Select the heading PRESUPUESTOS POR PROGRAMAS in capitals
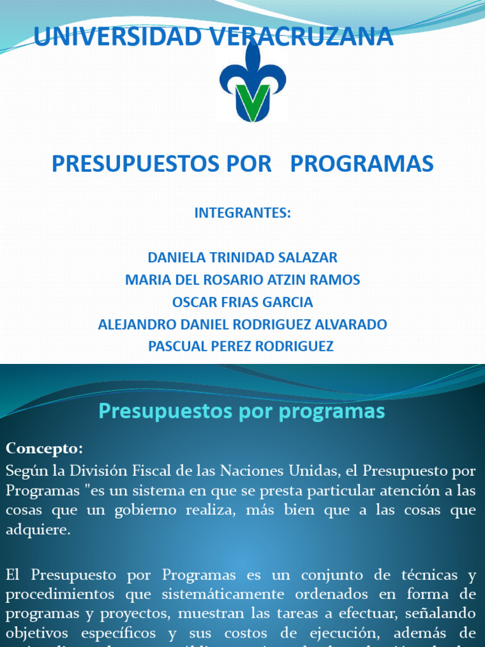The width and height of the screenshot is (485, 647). pos(242,164)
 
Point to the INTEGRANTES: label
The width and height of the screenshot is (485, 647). pos(242,213)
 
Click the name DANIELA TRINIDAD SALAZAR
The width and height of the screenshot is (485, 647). pos(242,258)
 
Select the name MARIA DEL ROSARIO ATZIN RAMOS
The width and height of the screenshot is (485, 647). pos(242,280)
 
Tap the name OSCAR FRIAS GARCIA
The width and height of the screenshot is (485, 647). pos(242,302)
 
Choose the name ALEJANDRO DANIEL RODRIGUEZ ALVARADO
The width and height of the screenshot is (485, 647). pos(242,325)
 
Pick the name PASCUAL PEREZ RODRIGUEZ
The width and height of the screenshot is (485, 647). pos(241,346)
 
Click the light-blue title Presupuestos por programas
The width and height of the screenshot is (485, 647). pos(242,411)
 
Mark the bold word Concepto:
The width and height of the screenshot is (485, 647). pos(44,449)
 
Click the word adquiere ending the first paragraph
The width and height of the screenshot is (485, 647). pos(36,531)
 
